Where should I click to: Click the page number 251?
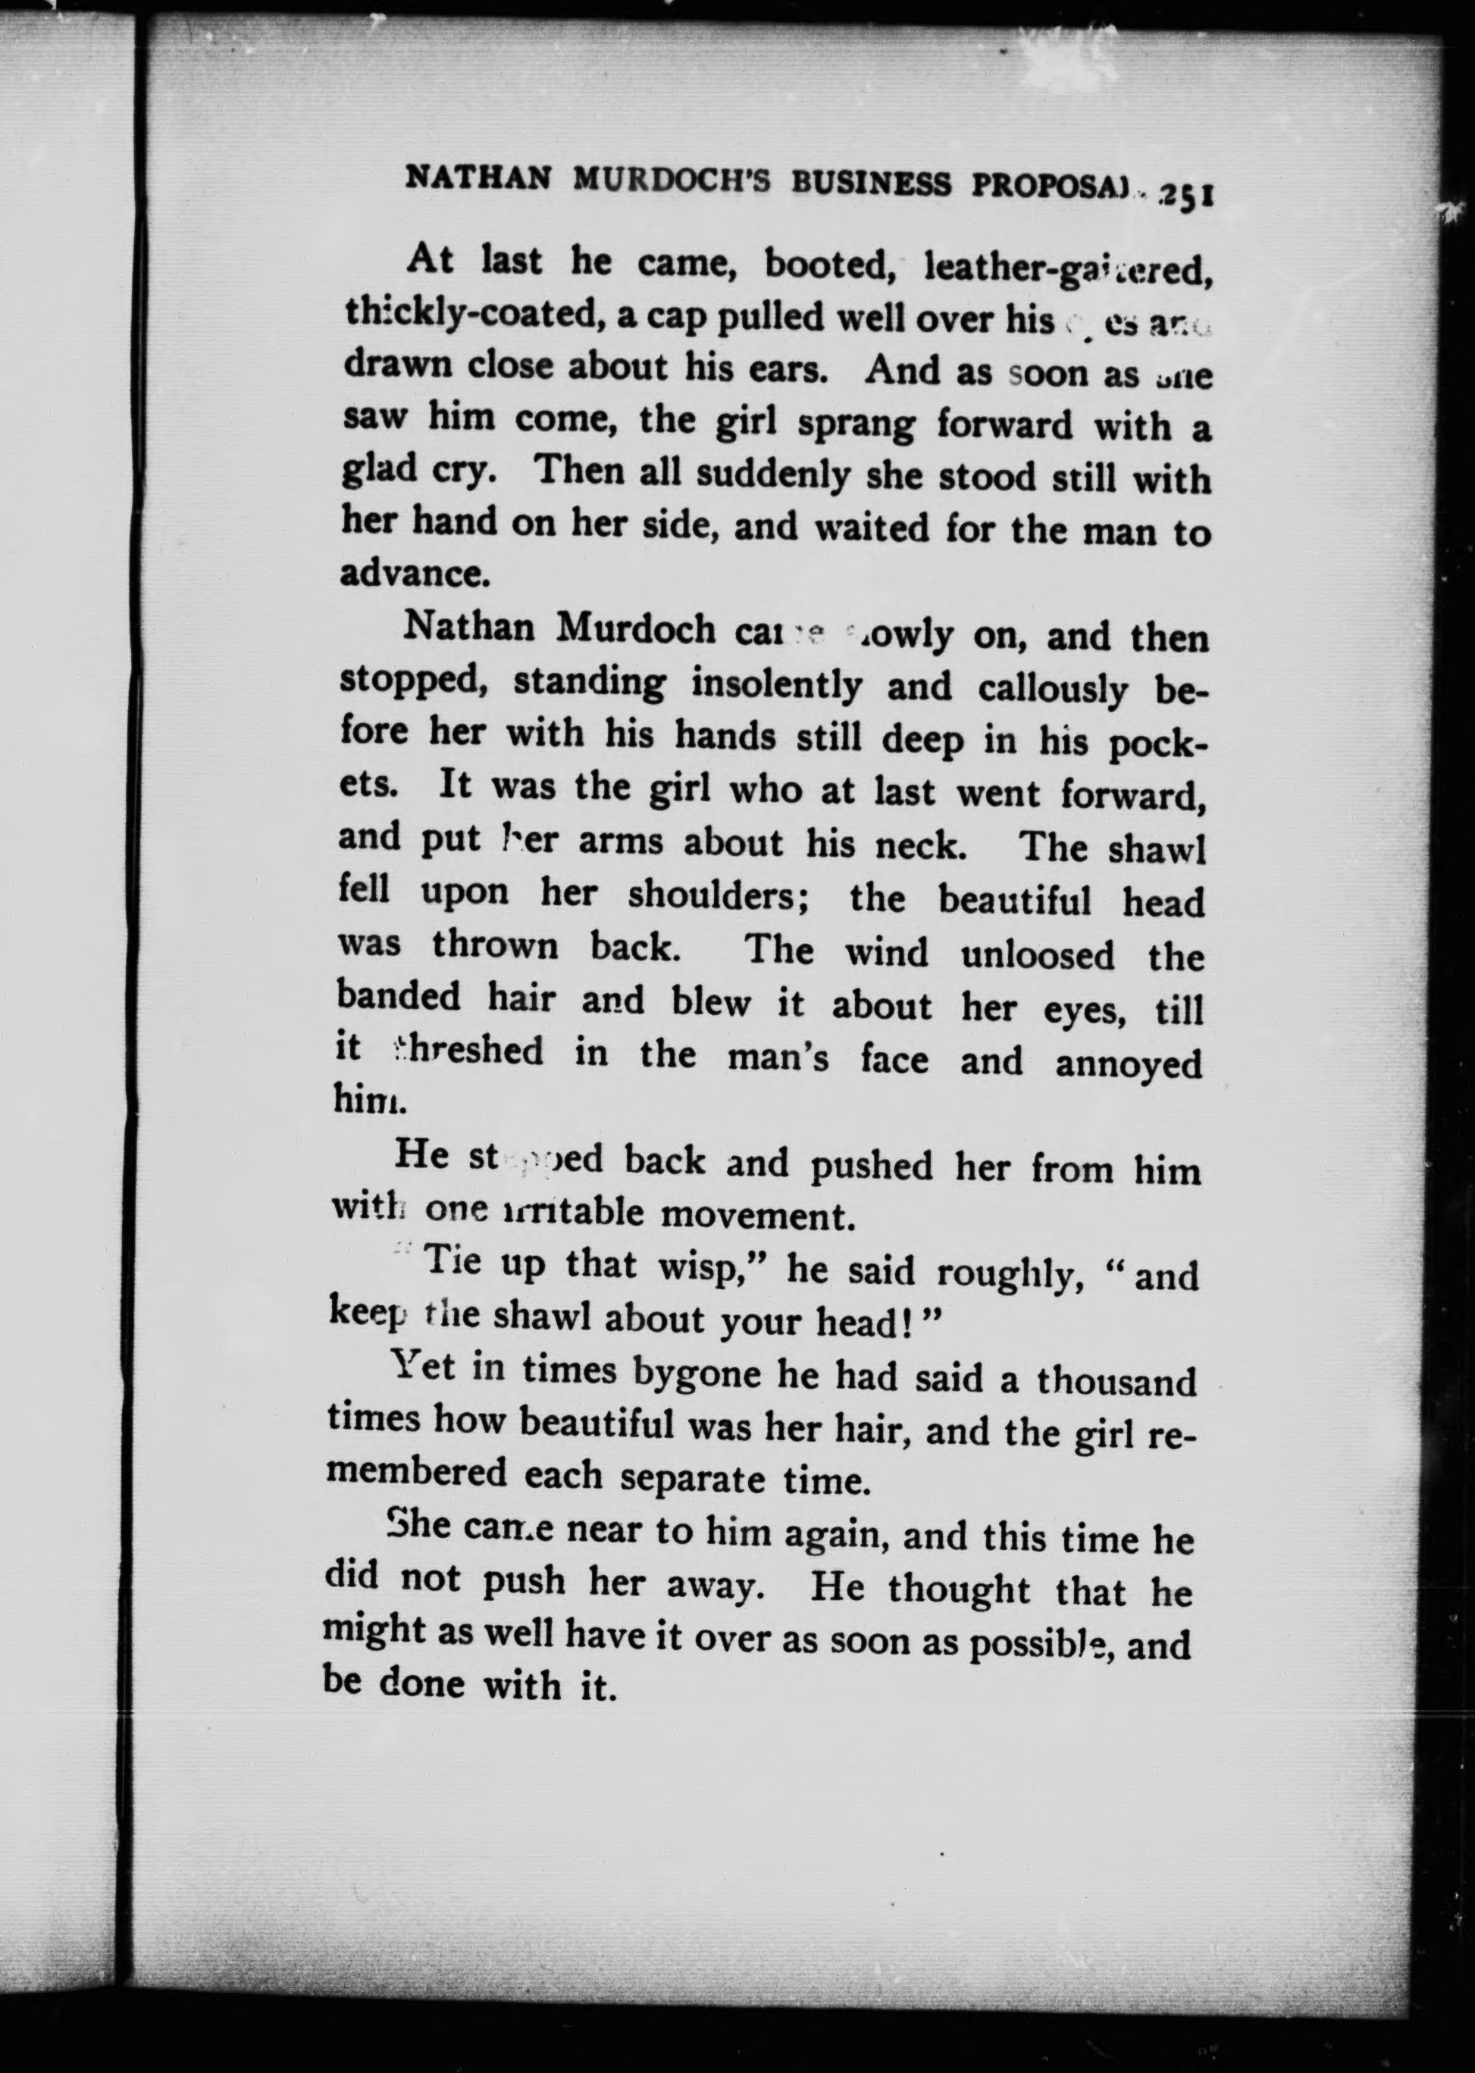click(1187, 196)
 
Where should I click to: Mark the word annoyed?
click(1128, 1064)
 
